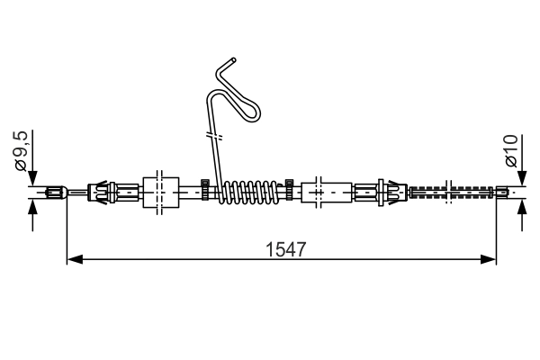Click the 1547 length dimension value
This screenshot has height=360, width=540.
[282, 247]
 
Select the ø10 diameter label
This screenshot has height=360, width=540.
[511, 149]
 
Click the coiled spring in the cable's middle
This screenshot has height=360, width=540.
[250, 192]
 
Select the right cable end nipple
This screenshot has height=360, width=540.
[506, 191]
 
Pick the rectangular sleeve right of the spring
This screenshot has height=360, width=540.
[327, 192]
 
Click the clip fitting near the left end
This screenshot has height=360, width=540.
[103, 192]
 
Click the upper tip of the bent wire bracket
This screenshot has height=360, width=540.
[234, 61]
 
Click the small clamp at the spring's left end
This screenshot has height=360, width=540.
[206, 191]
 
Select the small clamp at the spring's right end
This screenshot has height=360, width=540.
[290, 191]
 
